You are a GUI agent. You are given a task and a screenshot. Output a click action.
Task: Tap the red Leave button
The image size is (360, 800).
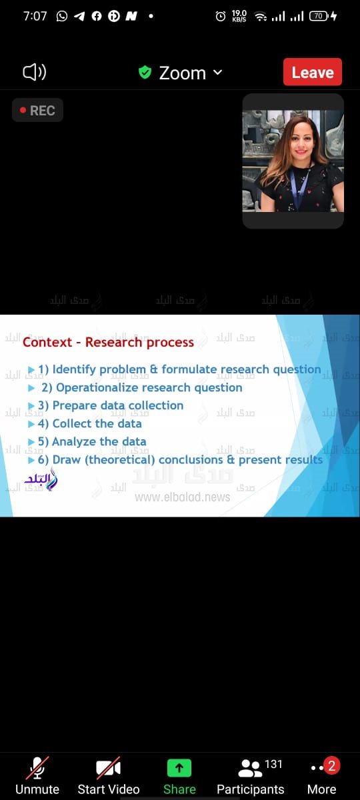(313, 72)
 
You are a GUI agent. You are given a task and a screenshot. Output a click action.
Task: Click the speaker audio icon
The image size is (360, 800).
(34, 72)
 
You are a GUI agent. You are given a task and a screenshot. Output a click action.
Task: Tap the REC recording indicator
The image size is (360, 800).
(37, 111)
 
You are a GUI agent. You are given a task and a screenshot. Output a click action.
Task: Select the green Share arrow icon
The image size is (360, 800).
(179, 768)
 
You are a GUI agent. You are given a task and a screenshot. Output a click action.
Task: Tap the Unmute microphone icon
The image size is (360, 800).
(37, 768)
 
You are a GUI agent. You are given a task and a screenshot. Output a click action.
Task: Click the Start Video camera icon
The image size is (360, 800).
(108, 768)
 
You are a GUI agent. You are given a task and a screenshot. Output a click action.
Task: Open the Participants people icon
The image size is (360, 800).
(250, 769)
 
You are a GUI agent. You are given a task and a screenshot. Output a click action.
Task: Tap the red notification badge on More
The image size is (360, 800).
(331, 765)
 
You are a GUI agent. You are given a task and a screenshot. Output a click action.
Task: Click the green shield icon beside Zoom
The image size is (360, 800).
(145, 72)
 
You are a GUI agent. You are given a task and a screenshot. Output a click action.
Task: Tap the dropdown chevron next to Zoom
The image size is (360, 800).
(217, 72)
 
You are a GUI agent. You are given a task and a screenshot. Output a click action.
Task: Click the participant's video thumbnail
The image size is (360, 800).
(293, 161)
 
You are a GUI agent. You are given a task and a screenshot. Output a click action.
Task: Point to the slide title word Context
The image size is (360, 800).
(47, 343)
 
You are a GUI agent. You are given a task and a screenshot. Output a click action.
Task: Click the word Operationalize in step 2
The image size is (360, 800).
(106, 387)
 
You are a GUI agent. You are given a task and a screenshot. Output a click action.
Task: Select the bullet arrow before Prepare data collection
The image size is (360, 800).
(31, 405)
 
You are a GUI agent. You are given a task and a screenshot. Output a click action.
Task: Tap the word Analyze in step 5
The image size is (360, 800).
(73, 441)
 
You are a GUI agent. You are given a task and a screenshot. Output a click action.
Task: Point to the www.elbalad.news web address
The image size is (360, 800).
(182, 497)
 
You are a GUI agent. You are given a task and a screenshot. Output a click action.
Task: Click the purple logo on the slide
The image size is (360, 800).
(41, 479)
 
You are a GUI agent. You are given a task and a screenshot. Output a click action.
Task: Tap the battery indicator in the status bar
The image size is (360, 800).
(319, 16)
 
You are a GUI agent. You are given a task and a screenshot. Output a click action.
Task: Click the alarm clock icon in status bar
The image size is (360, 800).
(221, 16)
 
